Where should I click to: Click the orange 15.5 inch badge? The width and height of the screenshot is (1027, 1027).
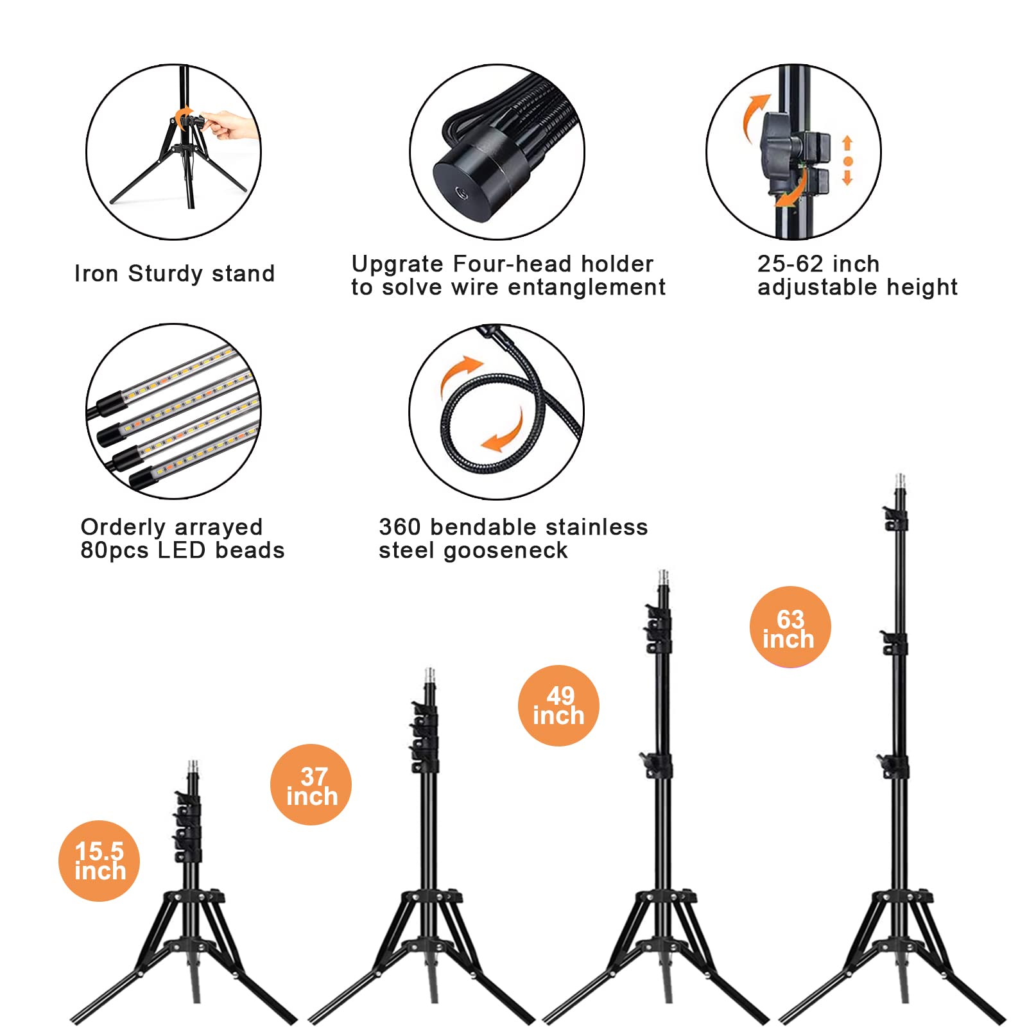99,861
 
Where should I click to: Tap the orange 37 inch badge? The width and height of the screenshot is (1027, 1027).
311,784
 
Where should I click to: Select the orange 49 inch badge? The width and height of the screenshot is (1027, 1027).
558,705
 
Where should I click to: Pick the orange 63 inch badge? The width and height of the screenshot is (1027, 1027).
790,627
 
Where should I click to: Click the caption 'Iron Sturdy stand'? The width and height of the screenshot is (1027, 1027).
175,273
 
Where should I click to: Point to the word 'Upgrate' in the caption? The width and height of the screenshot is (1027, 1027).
397,264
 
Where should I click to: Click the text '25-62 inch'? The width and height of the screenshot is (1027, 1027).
818,264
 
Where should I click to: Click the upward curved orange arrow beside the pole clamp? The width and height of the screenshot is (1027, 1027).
755,116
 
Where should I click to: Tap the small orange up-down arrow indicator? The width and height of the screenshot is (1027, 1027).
847,160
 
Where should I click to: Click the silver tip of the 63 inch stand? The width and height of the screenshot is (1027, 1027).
900,482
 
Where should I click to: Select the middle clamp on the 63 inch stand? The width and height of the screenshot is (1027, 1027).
893,643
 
